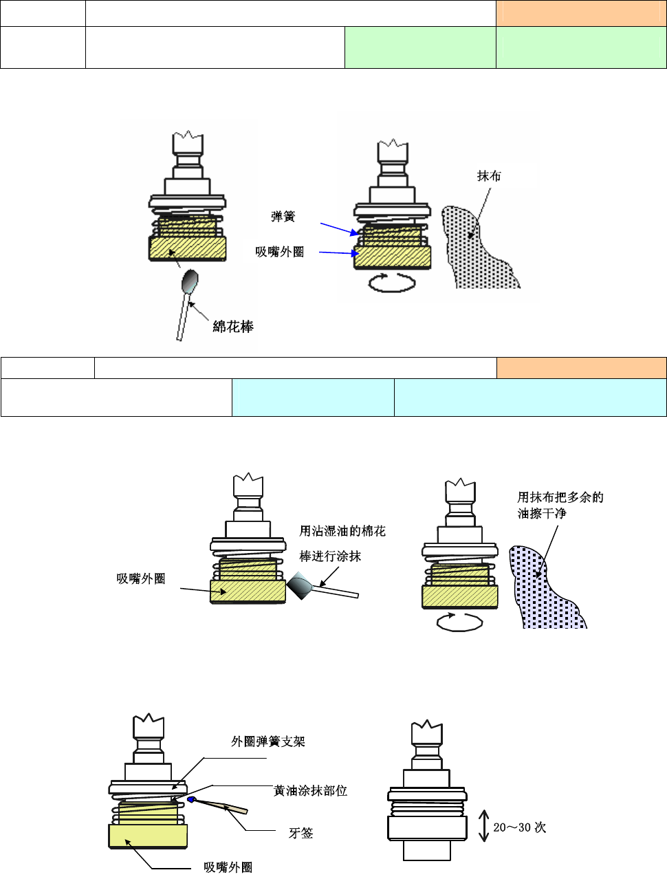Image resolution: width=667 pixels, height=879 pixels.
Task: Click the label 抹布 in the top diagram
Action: click(489, 176)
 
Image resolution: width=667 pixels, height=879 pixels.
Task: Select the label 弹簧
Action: click(283, 217)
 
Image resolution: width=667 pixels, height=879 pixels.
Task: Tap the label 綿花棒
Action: click(233, 327)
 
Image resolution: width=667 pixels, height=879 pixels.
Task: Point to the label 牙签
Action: click(300, 833)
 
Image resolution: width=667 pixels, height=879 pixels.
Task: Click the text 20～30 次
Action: click(519, 827)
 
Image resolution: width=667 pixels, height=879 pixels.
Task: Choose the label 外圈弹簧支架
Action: click(267, 741)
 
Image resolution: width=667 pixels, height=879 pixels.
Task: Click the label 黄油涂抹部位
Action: click(310, 791)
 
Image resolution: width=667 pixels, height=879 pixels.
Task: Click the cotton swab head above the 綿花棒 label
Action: click(190, 281)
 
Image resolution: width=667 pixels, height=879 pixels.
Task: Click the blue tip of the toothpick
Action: click(192, 799)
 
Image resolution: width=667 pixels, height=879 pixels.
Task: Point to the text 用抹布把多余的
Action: click(560, 497)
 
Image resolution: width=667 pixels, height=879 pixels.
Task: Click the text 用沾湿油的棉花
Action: click(342, 531)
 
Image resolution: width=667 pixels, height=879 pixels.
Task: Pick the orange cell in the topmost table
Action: click(580, 13)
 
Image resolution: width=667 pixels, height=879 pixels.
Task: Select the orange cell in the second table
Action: click(581, 368)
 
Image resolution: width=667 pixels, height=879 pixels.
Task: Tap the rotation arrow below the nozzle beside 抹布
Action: click(393, 282)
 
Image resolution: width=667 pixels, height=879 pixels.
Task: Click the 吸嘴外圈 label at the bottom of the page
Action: click(228, 867)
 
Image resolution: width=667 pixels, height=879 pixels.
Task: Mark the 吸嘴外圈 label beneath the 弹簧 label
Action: click(279, 252)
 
